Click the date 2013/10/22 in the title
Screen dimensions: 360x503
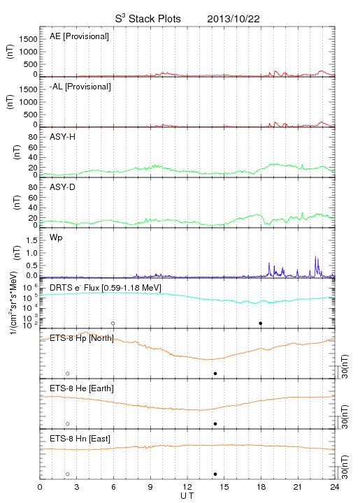(233, 19)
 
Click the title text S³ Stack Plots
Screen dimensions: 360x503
(148, 19)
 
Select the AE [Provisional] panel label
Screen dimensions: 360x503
(79, 36)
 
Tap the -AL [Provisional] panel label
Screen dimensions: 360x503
(80, 87)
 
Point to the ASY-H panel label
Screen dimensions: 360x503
(63, 137)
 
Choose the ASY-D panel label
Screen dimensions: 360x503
(63, 187)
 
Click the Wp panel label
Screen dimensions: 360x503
(56, 238)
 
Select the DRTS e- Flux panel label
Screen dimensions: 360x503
(106, 288)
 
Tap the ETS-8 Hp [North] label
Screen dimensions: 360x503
(82, 338)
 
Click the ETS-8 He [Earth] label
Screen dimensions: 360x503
(82, 388)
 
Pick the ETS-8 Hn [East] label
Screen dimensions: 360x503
(80, 439)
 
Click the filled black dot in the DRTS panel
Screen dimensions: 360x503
(261, 323)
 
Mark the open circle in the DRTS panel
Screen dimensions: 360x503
(113, 323)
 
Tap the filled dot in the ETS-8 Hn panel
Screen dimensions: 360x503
(215, 474)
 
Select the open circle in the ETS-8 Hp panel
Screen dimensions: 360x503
(68, 373)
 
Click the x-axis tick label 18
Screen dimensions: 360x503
(261, 487)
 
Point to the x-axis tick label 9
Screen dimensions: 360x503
(150, 487)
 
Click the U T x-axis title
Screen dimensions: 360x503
(187, 496)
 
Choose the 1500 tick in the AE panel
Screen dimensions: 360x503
(28, 39)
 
